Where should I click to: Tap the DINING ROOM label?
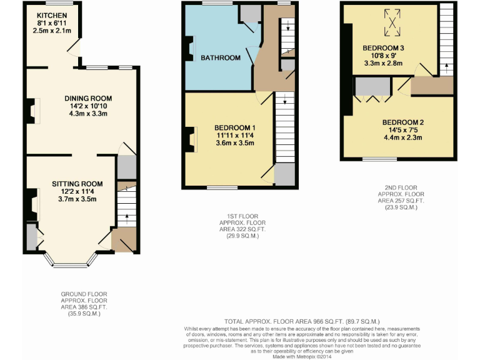(x=88, y=98)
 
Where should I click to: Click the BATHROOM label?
(x=220, y=58)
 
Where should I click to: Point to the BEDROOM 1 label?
(x=235, y=127)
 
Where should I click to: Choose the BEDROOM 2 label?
(x=403, y=122)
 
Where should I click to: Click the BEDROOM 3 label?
(x=383, y=47)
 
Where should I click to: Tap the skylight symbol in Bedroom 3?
(x=392, y=19)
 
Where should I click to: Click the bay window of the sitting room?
(x=71, y=264)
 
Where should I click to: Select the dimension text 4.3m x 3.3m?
(x=88, y=114)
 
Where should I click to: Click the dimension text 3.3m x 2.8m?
(x=383, y=63)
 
